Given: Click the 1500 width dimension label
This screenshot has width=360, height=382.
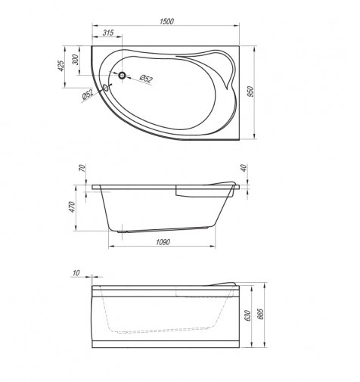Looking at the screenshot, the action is click(x=166, y=21).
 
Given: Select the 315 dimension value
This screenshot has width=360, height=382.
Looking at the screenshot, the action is click(x=108, y=33).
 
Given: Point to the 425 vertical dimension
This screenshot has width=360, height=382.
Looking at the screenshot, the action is click(x=61, y=66).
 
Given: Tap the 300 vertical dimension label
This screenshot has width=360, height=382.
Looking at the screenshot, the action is click(x=76, y=60).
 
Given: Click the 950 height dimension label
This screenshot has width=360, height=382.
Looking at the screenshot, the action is click(x=250, y=92).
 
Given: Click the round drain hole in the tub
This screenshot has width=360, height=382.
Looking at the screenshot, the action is click(x=123, y=75).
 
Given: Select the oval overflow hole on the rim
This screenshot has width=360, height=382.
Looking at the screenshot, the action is click(x=106, y=88).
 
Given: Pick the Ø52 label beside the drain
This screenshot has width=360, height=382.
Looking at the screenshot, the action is click(x=146, y=79).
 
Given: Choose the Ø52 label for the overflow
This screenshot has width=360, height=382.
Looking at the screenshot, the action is click(x=88, y=95).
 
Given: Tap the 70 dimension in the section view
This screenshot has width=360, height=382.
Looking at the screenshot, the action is click(x=82, y=168).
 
